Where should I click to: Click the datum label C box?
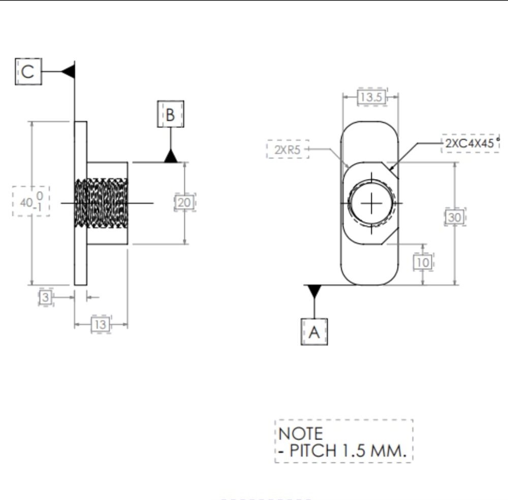coord(28,72)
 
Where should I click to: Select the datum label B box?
coord(170,114)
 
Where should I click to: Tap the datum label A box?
coord(314,332)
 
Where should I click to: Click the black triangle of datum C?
coord(69,71)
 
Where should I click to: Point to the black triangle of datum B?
coord(171,156)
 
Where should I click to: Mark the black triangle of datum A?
coord(314,291)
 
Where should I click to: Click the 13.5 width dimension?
coord(372,97)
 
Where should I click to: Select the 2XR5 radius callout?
coord(288,149)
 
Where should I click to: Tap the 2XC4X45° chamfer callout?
coord(470,143)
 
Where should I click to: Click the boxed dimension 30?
coord(455,217)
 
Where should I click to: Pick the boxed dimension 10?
coord(423,262)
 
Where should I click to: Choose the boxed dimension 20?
coord(185,202)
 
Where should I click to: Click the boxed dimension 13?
coord(101,324)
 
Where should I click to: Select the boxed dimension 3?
coord(46,297)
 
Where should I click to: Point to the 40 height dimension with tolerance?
coord(31,201)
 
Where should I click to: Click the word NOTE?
coord(300,433)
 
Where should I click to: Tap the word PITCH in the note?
coord(312,450)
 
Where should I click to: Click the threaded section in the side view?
coord(101,203)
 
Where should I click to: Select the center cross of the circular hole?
coord(371,203)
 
